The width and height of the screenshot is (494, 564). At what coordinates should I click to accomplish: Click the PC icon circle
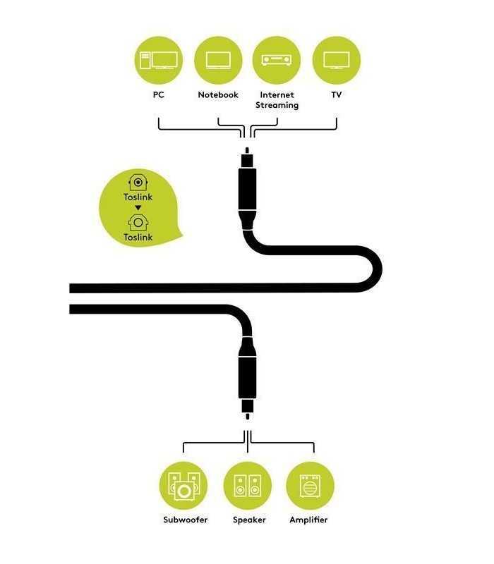[x=158, y=61]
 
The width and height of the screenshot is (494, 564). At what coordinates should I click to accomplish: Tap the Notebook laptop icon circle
[x=218, y=61]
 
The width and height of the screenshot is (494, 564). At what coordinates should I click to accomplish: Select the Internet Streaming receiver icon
[x=277, y=61]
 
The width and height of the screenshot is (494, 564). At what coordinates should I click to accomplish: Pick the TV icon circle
[x=337, y=61]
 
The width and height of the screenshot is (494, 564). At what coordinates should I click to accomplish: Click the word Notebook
[x=218, y=95]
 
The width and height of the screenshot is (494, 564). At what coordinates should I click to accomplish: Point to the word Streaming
[x=277, y=105]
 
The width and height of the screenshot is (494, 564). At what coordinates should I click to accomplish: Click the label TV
[x=337, y=95]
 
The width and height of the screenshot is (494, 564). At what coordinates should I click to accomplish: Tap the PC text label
[x=158, y=95]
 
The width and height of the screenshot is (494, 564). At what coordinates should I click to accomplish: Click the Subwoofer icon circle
[x=183, y=486]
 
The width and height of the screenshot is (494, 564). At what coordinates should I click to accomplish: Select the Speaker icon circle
[x=248, y=486]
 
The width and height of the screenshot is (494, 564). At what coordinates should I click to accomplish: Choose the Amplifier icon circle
[x=310, y=486]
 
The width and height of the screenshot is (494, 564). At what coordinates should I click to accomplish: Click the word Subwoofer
[x=185, y=520]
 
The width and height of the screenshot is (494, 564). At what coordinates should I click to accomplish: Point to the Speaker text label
[x=249, y=520]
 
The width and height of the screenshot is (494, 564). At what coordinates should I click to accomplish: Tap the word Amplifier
[x=308, y=520]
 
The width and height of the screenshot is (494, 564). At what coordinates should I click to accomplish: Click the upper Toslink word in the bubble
[x=138, y=197]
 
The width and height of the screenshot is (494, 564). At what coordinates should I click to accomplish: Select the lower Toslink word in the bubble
[x=138, y=238]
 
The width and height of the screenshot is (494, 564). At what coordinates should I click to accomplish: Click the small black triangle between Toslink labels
[x=138, y=208]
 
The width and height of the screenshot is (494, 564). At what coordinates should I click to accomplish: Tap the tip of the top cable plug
[x=247, y=148]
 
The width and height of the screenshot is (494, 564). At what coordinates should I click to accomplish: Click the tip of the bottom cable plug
[x=248, y=419]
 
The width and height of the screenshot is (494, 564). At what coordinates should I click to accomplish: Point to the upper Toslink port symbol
[x=138, y=183]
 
